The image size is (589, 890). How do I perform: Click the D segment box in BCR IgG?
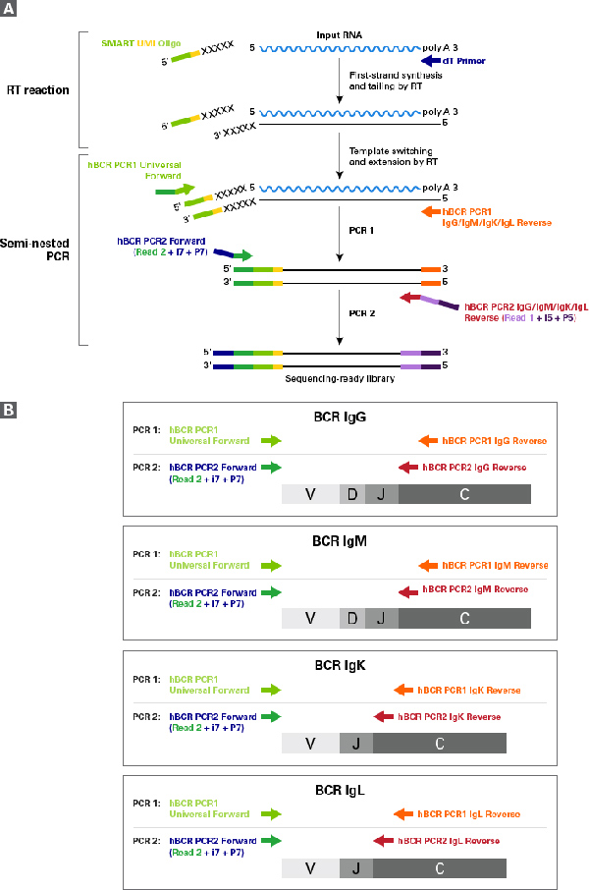pyautogui.click(x=351, y=494)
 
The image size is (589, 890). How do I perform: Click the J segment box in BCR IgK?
pyautogui.click(x=356, y=744)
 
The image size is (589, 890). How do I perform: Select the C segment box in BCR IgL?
pyautogui.click(x=440, y=868)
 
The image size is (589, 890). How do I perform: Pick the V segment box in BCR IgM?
pyautogui.click(x=310, y=619)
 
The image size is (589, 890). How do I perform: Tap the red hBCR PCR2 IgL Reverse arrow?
pyautogui.click(x=384, y=841)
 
